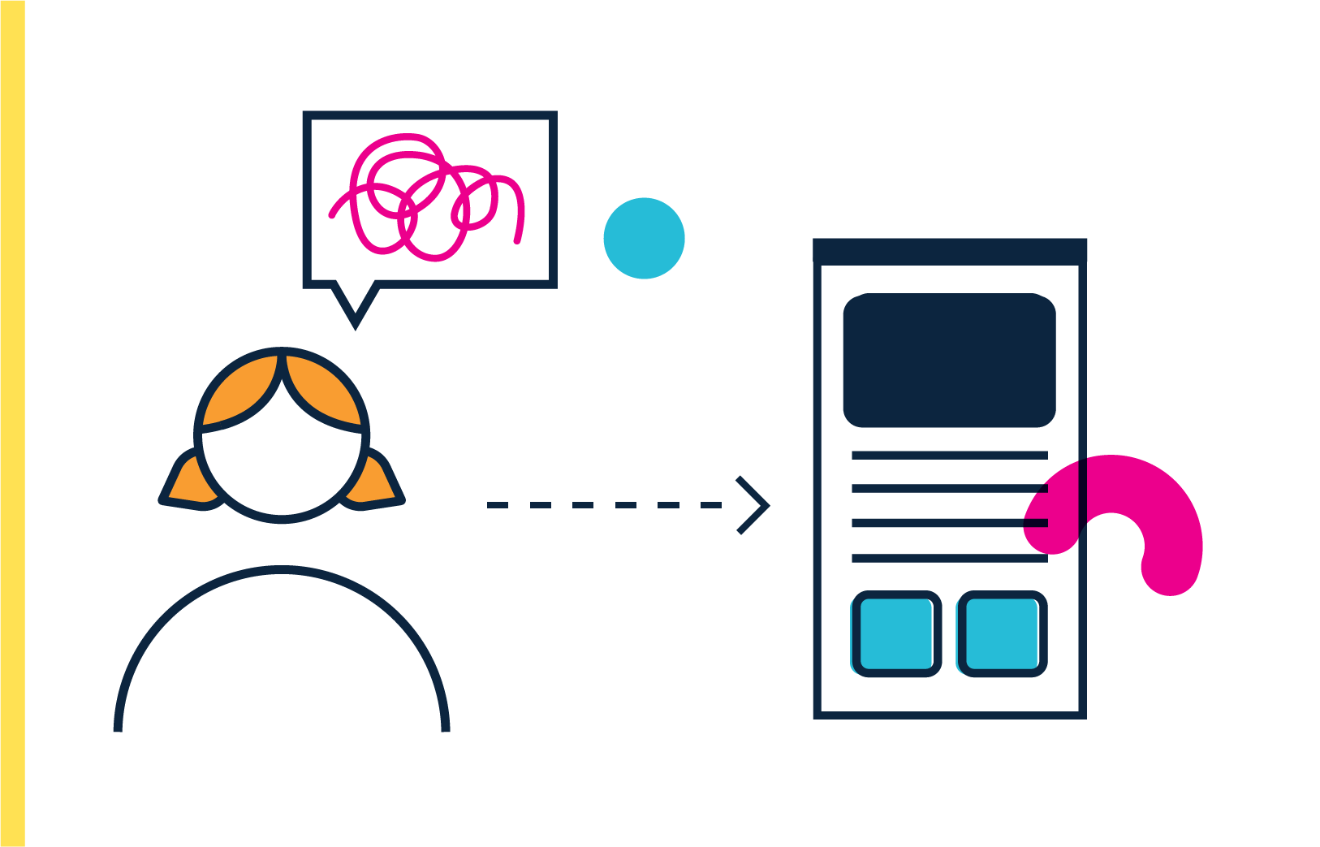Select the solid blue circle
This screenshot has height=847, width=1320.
click(644, 238)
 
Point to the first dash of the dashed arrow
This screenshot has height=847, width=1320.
click(497, 505)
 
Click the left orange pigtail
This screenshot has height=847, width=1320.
click(187, 486)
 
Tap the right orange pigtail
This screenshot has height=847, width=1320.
click(377, 486)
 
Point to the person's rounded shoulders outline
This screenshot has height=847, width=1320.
click(281, 571)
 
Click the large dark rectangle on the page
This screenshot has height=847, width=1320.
click(949, 360)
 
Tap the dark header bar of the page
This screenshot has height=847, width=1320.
click(950, 250)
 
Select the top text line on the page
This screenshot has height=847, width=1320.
click(949, 455)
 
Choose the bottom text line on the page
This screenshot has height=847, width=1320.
click(949, 558)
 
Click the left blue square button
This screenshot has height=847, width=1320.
click(896, 634)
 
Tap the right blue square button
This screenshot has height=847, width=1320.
click(1002, 634)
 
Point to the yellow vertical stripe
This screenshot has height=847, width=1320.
click(12, 422)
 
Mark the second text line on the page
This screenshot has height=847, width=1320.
click(949, 489)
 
